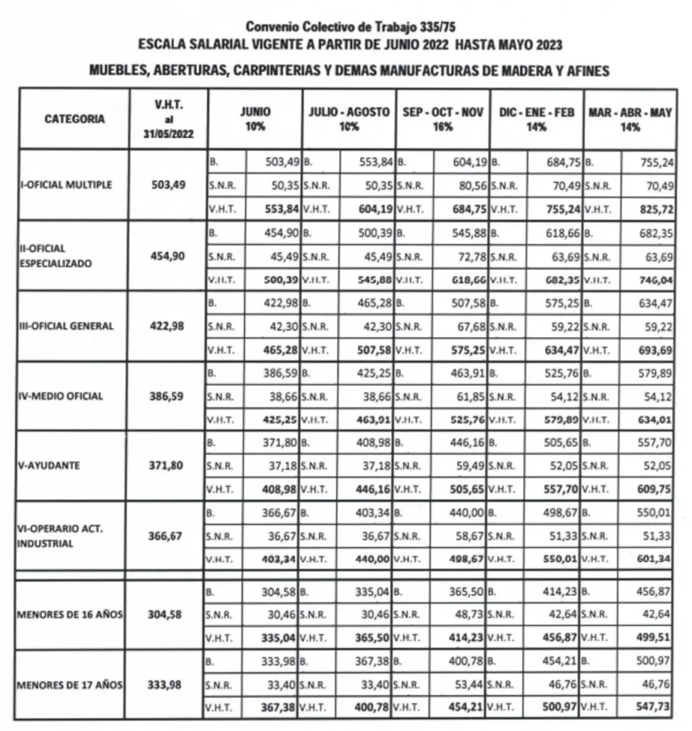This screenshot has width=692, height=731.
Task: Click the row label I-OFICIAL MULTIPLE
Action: click(x=66, y=185)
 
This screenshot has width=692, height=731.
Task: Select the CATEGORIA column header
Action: click(x=74, y=119)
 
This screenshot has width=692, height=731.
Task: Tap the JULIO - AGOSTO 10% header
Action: click(x=349, y=119)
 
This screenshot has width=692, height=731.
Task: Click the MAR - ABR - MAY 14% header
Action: click(x=630, y=119)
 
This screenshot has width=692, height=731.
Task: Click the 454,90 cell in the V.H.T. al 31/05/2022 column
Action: click(x=168, y=256)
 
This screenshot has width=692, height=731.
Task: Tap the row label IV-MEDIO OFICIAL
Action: click(x=61, y=396)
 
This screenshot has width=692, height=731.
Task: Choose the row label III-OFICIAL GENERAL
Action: click(x=67, y=326)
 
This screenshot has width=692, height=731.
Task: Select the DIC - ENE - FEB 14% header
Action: click(x=536, y=119)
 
